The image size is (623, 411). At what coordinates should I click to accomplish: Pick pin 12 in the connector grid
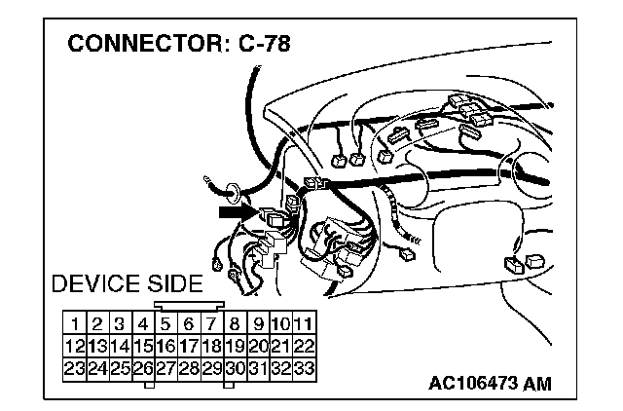tap(73, 345)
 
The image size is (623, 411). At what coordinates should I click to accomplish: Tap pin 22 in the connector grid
tap(303, 345)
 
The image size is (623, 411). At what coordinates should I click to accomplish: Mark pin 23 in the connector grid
tap(73, 367)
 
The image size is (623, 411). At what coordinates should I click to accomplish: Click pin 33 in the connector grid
tap(303, 367)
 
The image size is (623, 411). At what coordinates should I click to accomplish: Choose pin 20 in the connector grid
tap(258, 345)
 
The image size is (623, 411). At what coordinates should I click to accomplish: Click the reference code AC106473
tap(472, 383)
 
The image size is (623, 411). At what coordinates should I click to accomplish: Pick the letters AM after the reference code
tap(536, 383)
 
